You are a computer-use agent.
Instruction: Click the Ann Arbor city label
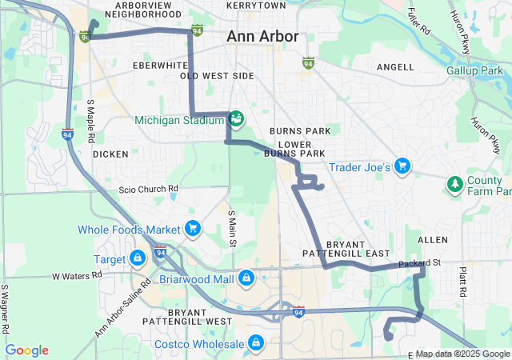click(x=262, y=37)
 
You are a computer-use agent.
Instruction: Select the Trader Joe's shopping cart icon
click(x=402, y=166)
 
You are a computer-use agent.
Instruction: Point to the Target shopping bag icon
click(x=138, y=258)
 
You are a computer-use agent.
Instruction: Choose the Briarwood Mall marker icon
click(x=246, y=278)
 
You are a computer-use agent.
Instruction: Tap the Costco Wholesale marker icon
click(x=255, y=343)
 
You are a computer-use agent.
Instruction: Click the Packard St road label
click(x=420, y=262)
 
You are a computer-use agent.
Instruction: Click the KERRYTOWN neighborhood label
click(x=256, y=5)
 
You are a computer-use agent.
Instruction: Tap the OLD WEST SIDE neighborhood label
click(x=217, y=76)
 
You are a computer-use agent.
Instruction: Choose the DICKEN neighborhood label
click(x=110, y=154)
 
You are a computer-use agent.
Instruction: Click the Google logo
click(x=26, y=350)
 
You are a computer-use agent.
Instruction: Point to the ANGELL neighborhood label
click(x=394, y=68)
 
